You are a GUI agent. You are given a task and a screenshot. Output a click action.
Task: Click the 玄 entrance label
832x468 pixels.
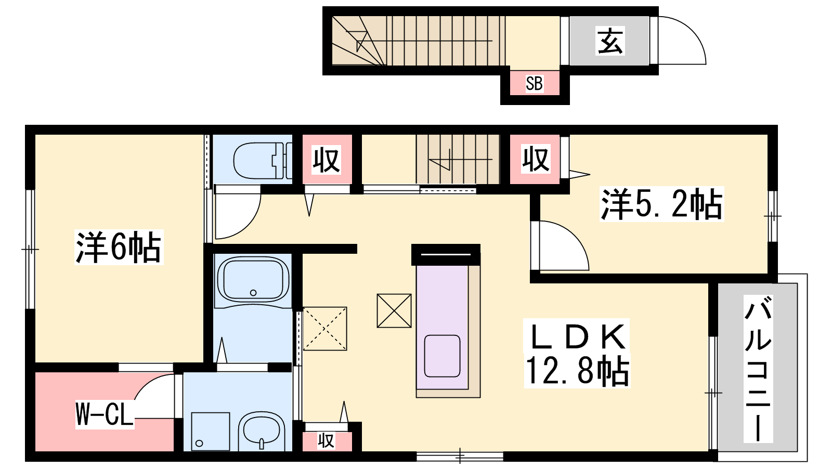pos(610,41)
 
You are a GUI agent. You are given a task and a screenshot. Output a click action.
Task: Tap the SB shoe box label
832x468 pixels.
pos(534,84)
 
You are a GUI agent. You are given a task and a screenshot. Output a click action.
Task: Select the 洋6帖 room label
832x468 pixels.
pos(119,247)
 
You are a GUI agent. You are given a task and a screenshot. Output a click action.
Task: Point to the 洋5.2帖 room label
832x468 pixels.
pos(661,204)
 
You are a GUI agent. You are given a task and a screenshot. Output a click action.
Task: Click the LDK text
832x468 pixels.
pos(577,336)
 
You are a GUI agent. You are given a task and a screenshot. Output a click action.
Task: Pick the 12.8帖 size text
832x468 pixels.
pos(577,370)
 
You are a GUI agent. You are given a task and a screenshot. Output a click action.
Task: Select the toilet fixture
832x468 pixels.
pos(263,161)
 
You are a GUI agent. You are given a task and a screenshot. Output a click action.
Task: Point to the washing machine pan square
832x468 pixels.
pos(210,432)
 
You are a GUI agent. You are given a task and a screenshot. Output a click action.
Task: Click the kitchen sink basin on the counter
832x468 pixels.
pos(442,356)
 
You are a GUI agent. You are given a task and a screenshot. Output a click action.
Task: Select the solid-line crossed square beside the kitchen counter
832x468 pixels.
pos(394,310)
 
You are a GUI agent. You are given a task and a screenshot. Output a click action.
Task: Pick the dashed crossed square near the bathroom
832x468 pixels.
pos(325,328)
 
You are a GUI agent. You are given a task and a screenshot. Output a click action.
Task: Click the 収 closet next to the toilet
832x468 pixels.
pos(327,160)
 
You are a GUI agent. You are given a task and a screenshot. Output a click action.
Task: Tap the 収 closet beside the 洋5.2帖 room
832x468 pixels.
pos(535,160)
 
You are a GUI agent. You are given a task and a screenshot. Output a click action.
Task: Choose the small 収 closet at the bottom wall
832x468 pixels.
pos(326,441)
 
